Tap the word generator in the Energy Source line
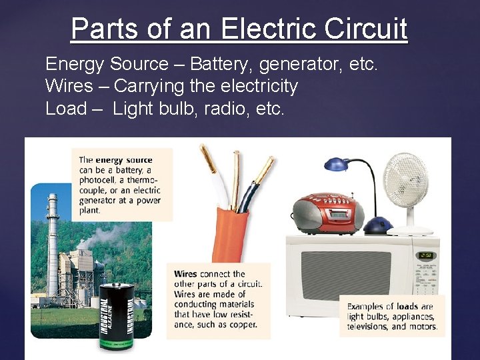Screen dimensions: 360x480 pos(303,64)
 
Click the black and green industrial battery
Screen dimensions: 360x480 pos(116,316)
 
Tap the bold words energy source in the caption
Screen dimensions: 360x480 pos(124,160)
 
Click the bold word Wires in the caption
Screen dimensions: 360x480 pos(185,274)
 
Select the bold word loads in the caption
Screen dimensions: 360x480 pos(407,307)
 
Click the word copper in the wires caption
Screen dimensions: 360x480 pos(241,325)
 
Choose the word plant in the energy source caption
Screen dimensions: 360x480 pos(90,210)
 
